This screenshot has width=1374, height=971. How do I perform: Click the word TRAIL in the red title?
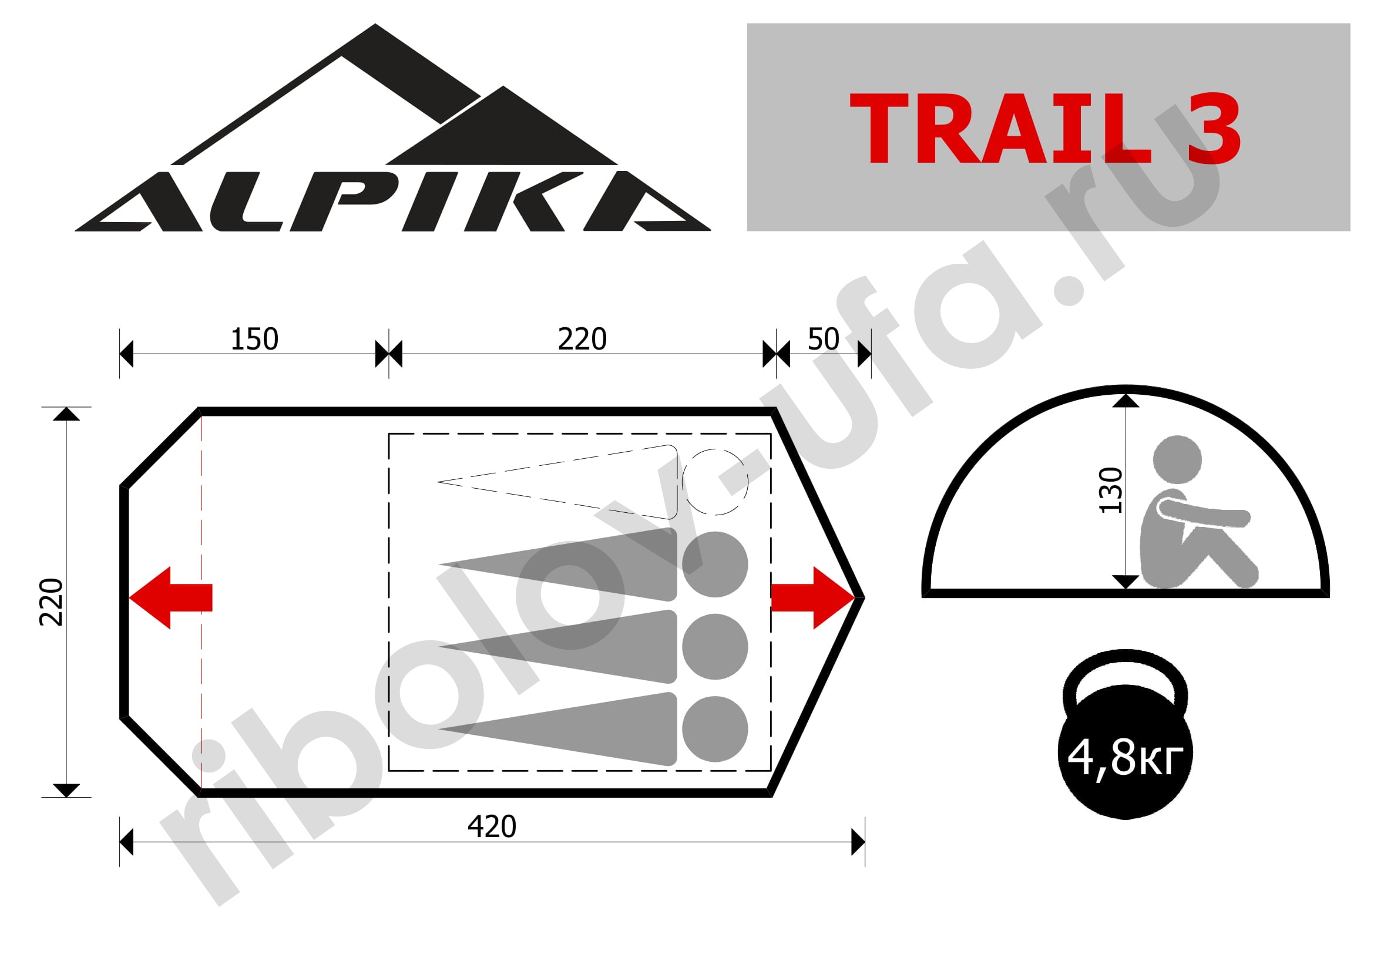pos(1000,128)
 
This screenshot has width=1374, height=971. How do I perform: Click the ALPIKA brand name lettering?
pos(392,201)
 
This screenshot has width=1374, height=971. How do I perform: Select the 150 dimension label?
pos(254,339)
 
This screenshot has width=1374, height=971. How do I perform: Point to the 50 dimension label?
pos(824,339)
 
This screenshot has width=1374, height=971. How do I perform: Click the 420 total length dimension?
pos(492,827)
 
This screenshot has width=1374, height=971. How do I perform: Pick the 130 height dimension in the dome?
pos(1111,490)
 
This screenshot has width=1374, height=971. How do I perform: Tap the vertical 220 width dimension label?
pos(52,603)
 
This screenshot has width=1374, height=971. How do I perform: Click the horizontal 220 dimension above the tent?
pos(582,339)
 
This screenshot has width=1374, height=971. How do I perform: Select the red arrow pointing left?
pos(170,597)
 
